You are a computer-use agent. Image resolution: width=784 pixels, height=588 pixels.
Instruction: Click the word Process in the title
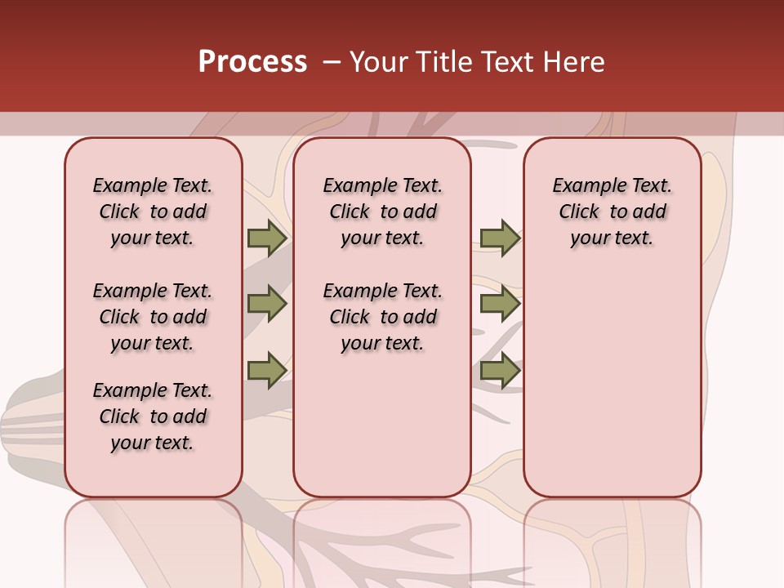click(x=252, y=61)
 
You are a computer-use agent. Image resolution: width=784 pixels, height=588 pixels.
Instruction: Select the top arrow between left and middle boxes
click(x=266, y=238)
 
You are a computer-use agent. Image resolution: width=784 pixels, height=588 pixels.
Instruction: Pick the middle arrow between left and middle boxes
click(x=266, y=304)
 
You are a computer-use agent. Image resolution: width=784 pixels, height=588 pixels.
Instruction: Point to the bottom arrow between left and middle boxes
click(x=266, y=371)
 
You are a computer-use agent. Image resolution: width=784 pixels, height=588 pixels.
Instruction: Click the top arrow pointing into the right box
click(x=500, y=238)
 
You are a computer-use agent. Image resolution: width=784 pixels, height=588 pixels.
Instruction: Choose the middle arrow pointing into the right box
click(x=500, y=304)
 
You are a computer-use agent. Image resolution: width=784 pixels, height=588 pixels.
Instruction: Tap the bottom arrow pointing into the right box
click(x=500, y=371)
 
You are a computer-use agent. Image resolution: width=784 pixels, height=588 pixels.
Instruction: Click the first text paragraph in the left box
click(x=153, y=212)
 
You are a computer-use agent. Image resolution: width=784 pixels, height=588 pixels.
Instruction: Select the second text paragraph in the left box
click(x=153, y=317)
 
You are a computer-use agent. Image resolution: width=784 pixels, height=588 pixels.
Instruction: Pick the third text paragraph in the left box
click(x=153, y=416)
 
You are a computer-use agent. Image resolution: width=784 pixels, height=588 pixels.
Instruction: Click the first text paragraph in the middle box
click(x=382, y=212)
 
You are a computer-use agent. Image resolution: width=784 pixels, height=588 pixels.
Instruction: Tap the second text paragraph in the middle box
click(x=382, y=317)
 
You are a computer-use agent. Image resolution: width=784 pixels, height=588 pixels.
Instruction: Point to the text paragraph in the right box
click(x=612, y=212)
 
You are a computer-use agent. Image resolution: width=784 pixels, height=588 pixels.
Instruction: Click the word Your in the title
click(x=376, y=61)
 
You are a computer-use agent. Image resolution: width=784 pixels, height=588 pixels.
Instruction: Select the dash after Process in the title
click(x=331, y=61)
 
